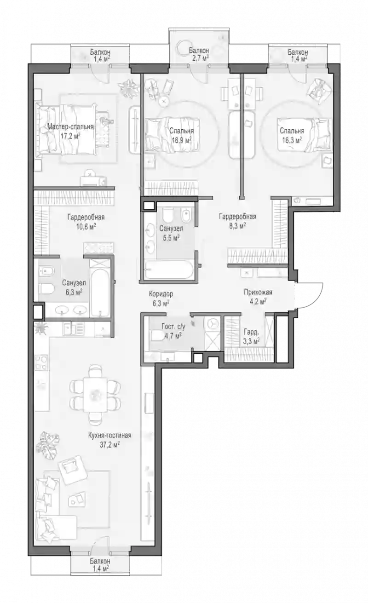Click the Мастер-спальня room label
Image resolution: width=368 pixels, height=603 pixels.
(x=70, y=126)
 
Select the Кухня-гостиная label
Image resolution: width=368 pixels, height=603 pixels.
(x=110, y=436)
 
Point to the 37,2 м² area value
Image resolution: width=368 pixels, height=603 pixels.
(x=110, y=444)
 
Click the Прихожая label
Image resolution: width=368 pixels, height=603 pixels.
(x=258, y=292)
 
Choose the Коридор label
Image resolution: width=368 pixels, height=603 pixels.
(x=161, y=294)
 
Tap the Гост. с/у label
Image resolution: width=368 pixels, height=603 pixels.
(x=173, y=327)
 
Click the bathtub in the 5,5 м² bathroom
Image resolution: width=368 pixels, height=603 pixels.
(x=168, y=270)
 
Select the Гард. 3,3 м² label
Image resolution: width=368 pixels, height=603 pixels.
(x=252, y=336)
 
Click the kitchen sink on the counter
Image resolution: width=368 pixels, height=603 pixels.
(x=70, y=329)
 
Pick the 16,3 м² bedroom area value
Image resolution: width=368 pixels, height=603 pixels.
(x=292, y=140)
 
